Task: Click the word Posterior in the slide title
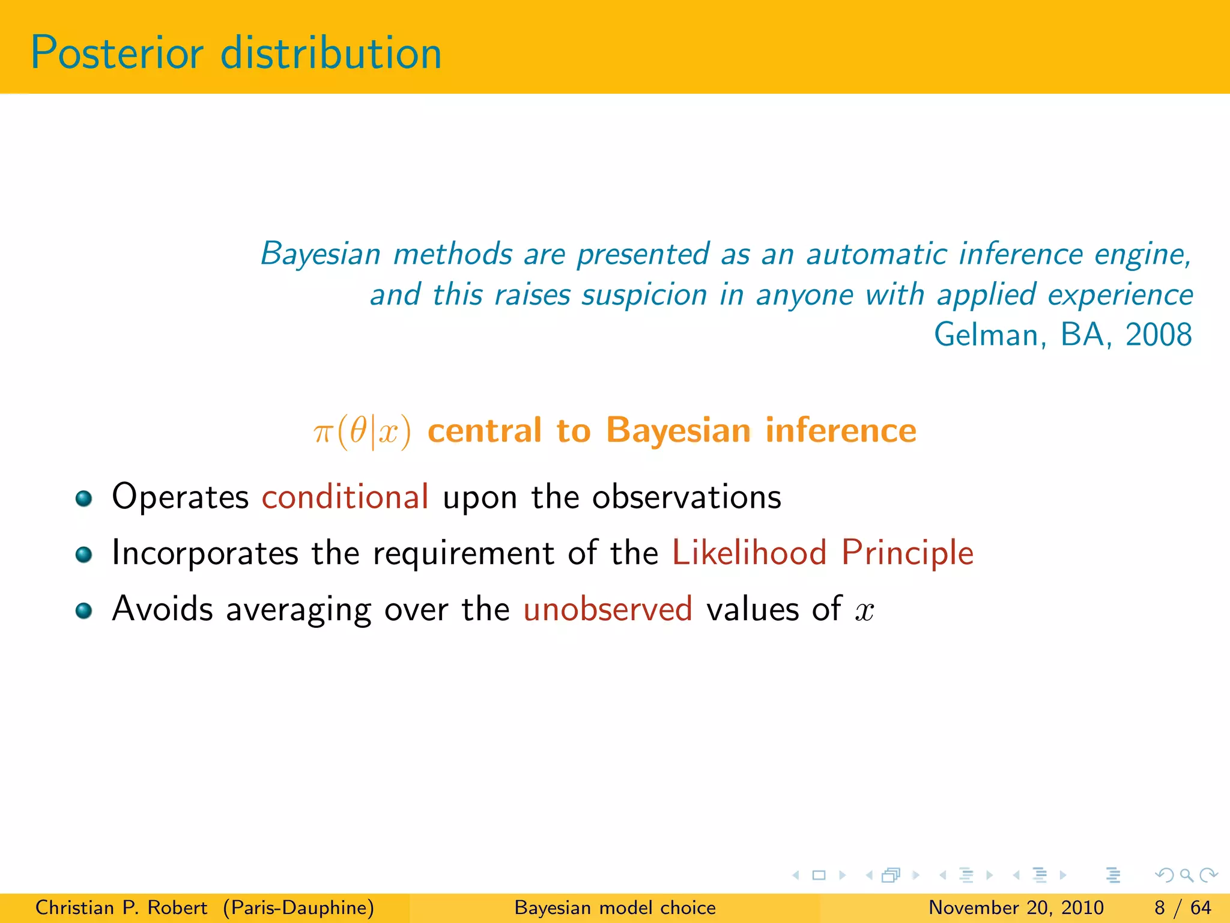point(117,53)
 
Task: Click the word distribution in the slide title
point(331,53)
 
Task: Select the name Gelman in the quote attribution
point(988,335)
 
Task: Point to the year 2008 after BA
point(1158,335)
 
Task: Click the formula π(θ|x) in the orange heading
point(362,431)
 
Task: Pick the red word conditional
point(345,497)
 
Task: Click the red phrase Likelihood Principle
point(822,553)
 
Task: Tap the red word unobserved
point(608,609)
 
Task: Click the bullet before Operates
point(83,498)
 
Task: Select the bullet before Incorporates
point(83,554)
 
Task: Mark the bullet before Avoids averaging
point(83,611)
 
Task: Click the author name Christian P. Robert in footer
point(121,907)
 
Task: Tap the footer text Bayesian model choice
point(615,907)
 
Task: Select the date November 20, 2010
point(1016,907)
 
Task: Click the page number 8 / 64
point(1182,907)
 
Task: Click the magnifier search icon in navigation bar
point(1186,876)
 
